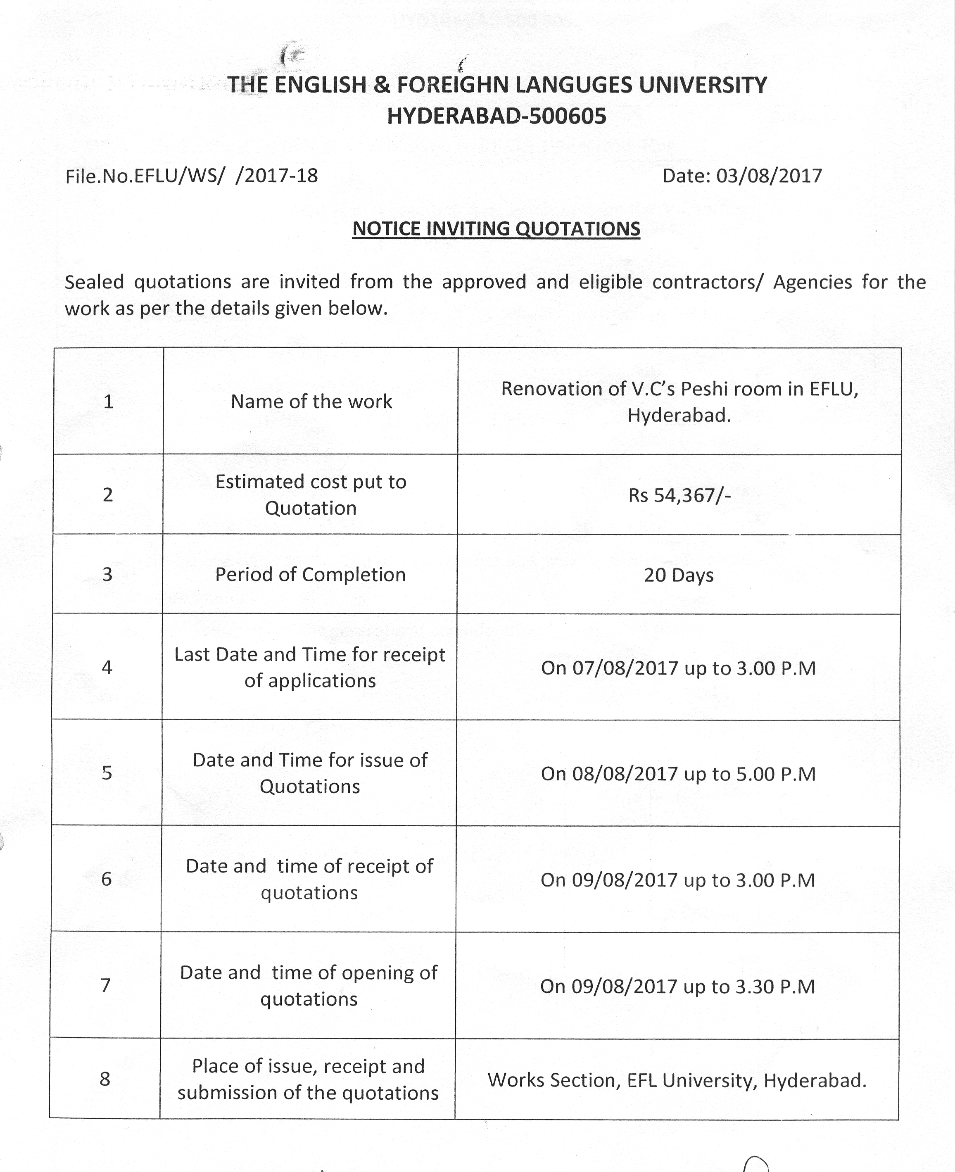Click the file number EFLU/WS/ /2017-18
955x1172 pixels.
click(x=191, y=176)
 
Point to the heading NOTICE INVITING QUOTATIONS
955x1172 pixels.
click(x=496, y=229)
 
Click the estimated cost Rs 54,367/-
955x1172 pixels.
click(x=679, y=495)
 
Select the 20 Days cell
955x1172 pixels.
click(x=679, y=575)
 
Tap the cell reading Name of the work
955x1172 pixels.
click(x=311, y=402)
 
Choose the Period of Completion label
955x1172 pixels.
click(x=310, y=575)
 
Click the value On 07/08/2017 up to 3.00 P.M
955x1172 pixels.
click(x=678, y=668)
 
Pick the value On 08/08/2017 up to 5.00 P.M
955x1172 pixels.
click(x=678, y=774)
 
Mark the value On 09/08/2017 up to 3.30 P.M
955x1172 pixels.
click(x=677, y=986)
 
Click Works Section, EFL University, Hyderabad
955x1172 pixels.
click(x=677, y=1080)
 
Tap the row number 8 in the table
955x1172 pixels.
click(x=105, y=1079)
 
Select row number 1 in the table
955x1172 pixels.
click(x=108, y=402)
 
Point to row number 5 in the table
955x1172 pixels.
click(x=107, y=773)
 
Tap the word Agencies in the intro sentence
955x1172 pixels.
click(x=812, y=282)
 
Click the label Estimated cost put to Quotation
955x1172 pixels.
click(x=311, y=494)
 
